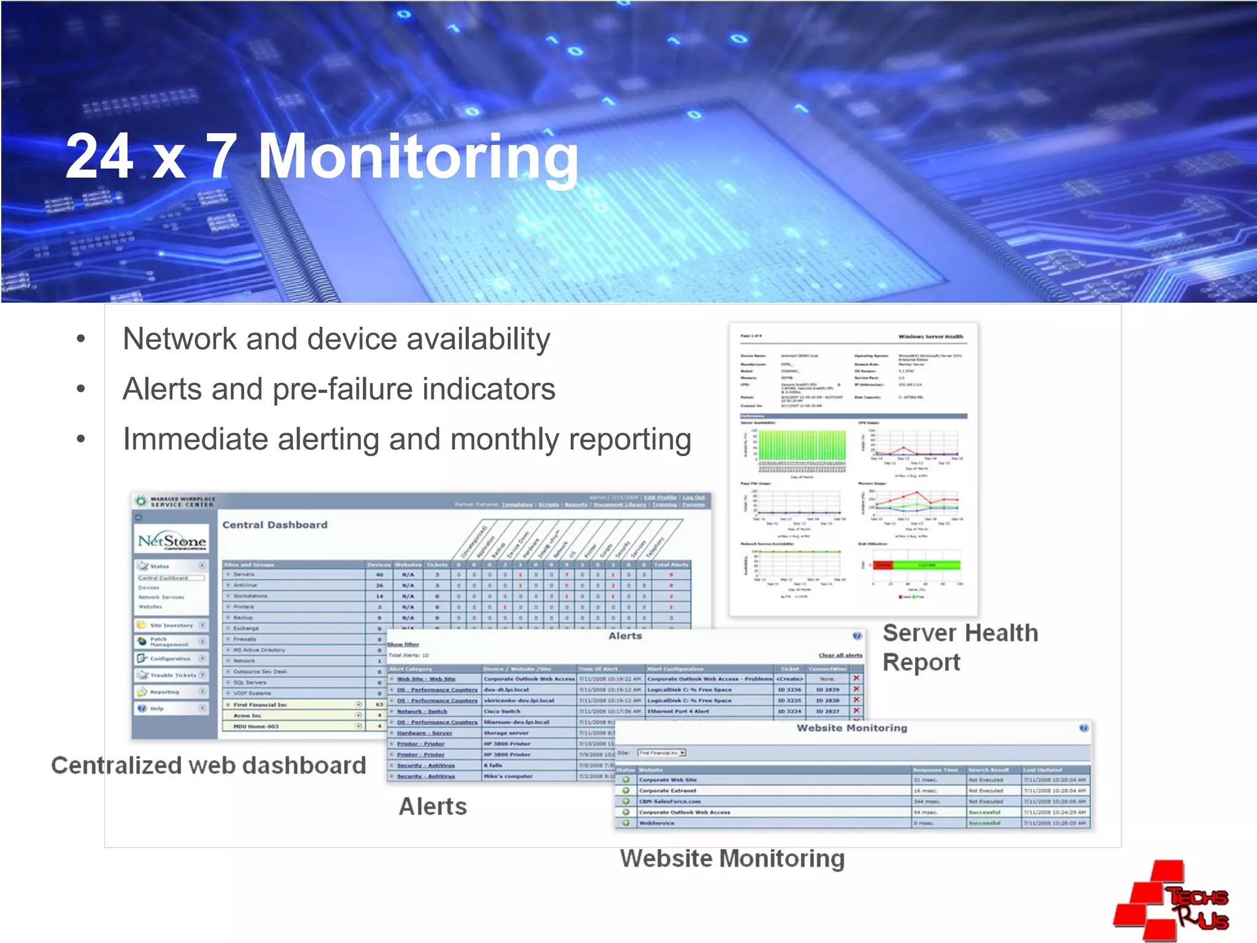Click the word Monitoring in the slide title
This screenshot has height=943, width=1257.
tap(417, 157)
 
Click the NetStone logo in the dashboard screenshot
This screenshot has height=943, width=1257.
tap(172, 541)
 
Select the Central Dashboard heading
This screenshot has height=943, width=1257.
tap(275, 525)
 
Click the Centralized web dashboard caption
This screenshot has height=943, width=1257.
tap(209, 766)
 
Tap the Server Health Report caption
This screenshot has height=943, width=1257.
tap(960, 648)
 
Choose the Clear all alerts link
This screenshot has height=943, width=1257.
tap(840, 655)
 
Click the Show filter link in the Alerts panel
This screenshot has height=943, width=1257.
tap(403, 644)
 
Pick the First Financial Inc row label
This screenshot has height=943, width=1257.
tap(260, 705)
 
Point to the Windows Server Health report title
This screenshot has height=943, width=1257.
tap(930, 336)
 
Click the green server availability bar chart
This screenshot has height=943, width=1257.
tap(802, 446)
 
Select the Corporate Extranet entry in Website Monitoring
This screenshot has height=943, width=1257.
tap(668, 791)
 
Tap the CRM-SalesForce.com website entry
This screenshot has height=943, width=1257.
tap(670, 801)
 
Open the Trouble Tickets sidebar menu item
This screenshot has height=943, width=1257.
tap(172, 675)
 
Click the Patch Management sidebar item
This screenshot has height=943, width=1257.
tap(169, 642)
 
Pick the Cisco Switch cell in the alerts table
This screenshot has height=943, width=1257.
tap(502, 712)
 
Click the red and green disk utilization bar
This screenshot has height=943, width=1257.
tap(917, 565)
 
